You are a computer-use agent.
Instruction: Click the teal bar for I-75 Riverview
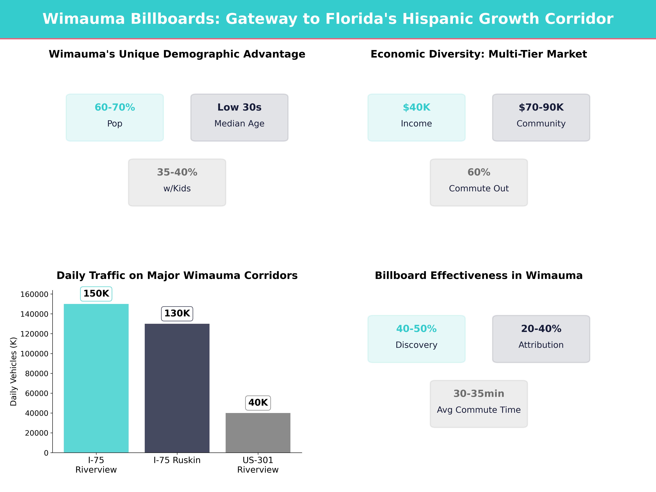(96, 378)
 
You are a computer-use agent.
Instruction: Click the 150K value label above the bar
(96, 294)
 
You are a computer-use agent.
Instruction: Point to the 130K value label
(177, 314)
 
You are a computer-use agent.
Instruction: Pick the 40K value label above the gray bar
(258, 403)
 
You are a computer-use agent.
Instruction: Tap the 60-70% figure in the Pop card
(115, 107)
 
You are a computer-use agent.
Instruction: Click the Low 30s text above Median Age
(239, 107)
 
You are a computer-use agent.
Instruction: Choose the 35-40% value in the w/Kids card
(177, 172)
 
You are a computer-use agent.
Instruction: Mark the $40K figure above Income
(416, 107)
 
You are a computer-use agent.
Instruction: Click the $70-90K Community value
(541, 107)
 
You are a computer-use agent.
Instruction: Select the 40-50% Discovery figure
(416, 329)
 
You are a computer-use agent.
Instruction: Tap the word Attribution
(541, 345)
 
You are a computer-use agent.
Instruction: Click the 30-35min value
(479, 394)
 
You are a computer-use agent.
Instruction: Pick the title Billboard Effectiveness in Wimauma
(479, 276)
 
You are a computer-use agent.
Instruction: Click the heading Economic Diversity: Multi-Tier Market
(479, 54)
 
